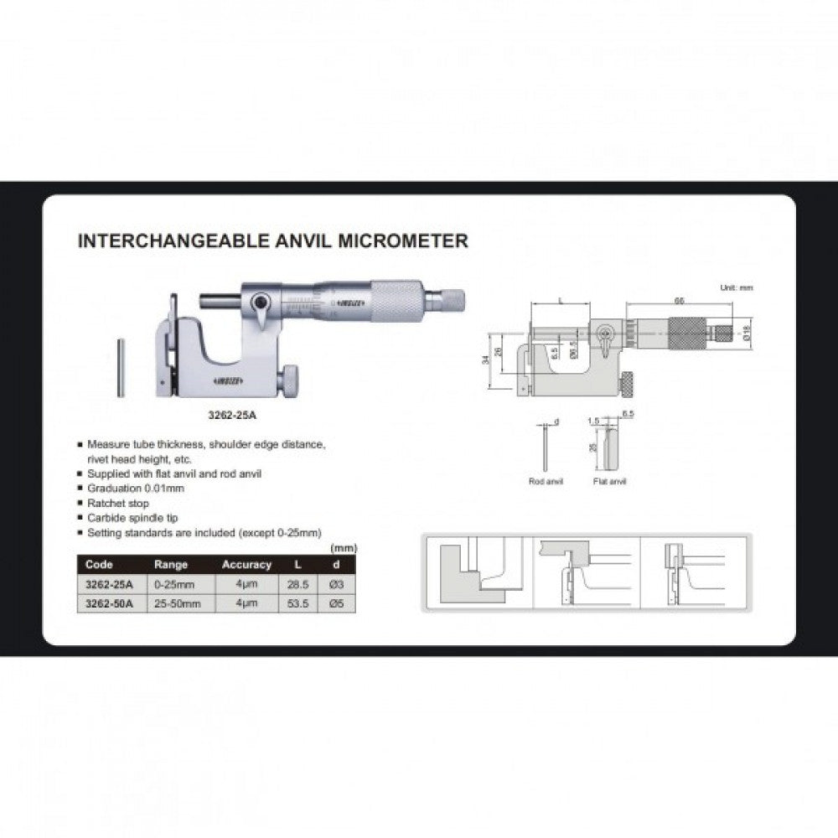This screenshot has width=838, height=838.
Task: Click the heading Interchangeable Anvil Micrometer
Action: (272, 241)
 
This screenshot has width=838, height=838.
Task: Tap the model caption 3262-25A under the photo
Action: (231, 413)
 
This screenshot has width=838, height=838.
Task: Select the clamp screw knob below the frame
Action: (287, 382)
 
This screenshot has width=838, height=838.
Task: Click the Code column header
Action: (99, 565)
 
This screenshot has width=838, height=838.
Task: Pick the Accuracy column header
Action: (246, 565)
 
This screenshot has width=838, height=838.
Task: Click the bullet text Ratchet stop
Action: (118, 503)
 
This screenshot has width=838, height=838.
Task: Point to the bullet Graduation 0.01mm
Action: (135, 488)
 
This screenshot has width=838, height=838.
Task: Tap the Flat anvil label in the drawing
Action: (609, 482)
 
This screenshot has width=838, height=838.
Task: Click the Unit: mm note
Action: (737, 287)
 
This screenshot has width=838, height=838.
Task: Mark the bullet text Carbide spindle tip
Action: (132, 518)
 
